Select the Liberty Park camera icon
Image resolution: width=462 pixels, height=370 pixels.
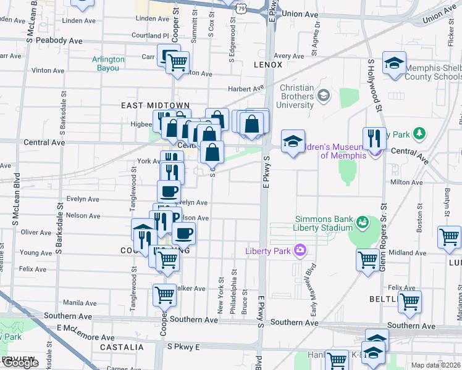[x=300, y=250]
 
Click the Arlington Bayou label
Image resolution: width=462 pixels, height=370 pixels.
[x=109, y=64]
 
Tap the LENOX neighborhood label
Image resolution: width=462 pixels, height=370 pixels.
[x=267, y=65]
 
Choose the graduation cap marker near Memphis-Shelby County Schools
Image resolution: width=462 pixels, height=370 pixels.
[x=393, y=63]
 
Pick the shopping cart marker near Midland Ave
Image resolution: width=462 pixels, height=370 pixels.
[x=367, y=259]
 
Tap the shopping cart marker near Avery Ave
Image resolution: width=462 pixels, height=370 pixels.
[x=177, y=62]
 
